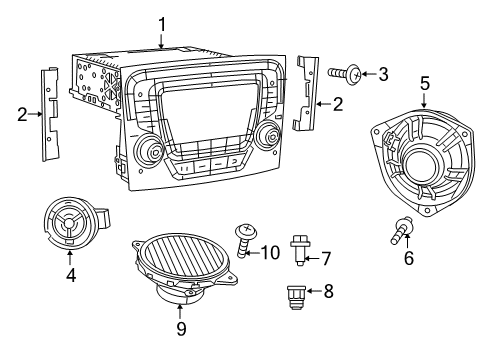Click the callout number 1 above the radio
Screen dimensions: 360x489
(162, 22)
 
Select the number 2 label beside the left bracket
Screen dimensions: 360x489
(21, 115)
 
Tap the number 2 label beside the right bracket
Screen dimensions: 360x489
(337, 102)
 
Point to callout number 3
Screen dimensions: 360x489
(383, 73)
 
